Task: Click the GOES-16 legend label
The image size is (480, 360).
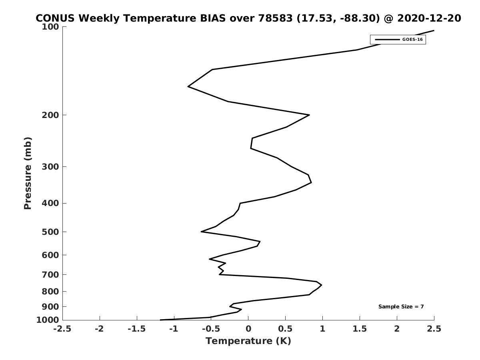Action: pos(412,40)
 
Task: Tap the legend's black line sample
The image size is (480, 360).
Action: pos(387,40)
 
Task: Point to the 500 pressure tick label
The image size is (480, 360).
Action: pos(50,232)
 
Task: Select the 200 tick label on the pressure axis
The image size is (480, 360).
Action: pos(50,115)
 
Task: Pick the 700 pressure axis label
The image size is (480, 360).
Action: pos(50,274)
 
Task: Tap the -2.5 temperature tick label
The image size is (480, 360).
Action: pos(62,329)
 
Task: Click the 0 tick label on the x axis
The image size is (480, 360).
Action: pos(248,329)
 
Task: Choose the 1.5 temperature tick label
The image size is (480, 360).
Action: pos(360,329)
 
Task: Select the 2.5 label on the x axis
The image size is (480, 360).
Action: pos(434,329)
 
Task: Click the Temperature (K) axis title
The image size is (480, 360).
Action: pos(248,341)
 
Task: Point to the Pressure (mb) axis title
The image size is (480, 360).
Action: pos(28,173)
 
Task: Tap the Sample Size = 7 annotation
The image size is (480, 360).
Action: pos(401,306)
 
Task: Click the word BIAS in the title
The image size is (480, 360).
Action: pos(213,18)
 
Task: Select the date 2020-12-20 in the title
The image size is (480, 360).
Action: pos(429,18)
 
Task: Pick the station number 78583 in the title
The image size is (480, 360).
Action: pos(275,18)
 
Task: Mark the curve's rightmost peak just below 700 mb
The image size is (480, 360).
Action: pos(322,285)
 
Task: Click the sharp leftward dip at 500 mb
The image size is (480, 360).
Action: pos(201,232)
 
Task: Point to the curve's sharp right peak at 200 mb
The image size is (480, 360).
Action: pos(309,115)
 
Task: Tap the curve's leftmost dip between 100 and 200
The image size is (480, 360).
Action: pos(188,86)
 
